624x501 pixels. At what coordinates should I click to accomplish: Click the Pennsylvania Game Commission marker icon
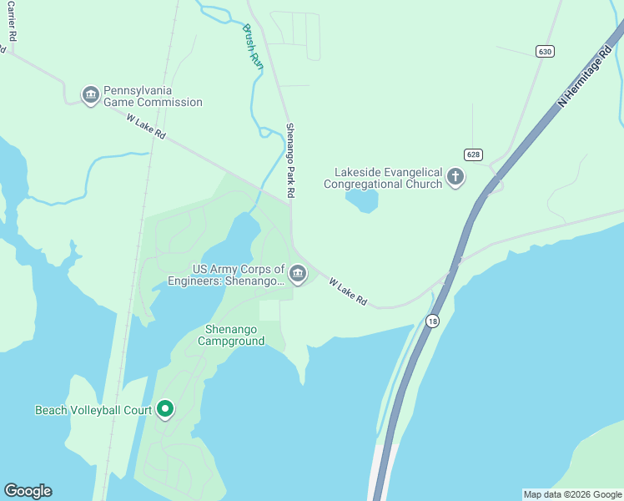[90, 95]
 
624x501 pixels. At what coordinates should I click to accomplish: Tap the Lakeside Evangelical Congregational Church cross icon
[455, 176]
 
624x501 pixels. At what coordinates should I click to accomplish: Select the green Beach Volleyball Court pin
[165, 409]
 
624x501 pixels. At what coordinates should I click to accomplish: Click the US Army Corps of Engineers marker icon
[298, 273]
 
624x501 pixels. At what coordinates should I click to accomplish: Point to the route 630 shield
[545, 52]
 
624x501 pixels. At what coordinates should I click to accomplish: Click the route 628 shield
[473, 154]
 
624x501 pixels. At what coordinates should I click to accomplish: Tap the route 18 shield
[432, 321]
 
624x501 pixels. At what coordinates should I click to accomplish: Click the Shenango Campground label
[231, 335]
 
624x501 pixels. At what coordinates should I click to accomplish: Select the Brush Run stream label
[253, 46]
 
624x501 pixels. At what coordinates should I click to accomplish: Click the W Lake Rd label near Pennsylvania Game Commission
[147, 129]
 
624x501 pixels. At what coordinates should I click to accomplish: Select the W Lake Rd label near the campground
[348, 291]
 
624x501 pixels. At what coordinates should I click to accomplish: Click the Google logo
[28, 491]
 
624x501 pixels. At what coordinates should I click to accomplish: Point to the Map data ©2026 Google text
[572, 494]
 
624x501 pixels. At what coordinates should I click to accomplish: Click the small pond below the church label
[361, 201]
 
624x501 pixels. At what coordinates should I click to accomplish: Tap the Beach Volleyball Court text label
[93, 410]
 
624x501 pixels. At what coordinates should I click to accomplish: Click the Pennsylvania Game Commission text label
[153, 96]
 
